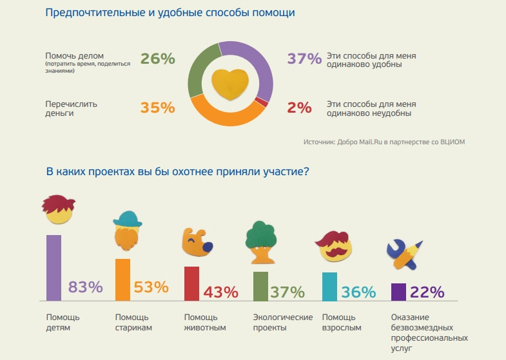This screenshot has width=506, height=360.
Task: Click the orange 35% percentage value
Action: [158, 108]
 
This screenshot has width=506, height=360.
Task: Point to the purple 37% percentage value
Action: [304, 59]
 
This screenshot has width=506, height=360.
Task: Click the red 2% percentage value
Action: [300, 108]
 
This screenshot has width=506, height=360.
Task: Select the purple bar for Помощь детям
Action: [54, 268]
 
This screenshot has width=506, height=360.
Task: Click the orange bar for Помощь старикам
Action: [122, 279]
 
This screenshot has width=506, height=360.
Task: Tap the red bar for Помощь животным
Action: [191, 283]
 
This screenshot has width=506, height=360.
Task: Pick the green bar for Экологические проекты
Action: [260, 286]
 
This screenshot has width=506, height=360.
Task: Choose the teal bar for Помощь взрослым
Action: [329, 287]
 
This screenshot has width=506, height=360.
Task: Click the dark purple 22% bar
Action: [398, 292]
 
